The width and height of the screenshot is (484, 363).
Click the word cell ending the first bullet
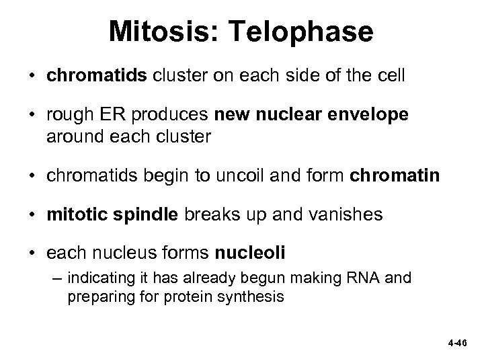391,75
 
